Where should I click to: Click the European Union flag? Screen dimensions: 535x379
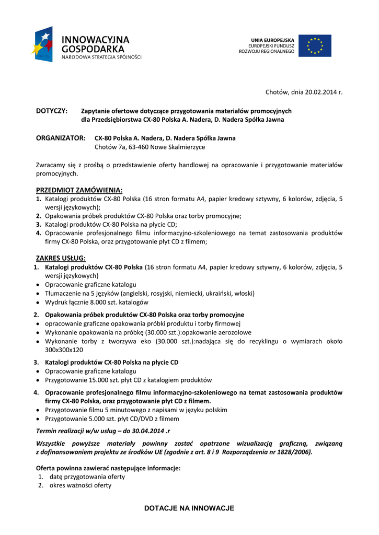pyautogui.click(x=315, y=46)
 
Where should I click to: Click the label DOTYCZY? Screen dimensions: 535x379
pyautogui.click(x=52, y=111)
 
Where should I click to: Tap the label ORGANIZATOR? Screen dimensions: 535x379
pyautogui.click(x=61, y=138)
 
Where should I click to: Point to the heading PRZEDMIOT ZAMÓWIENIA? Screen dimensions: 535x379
pyautogui.click(x=79, y=190)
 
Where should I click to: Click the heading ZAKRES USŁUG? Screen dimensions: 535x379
pyautogui.click(x=61, y=258)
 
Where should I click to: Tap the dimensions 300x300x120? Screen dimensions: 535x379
pyautogui.click(x=64, y=350)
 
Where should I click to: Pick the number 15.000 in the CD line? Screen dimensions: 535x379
pyautogui.click(x=97, y=380)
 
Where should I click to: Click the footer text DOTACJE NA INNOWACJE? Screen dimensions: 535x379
pyautogui.click(x=189, y=508)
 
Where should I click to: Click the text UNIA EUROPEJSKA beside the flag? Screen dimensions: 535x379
pyautogui.click(x=272, y=40)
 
